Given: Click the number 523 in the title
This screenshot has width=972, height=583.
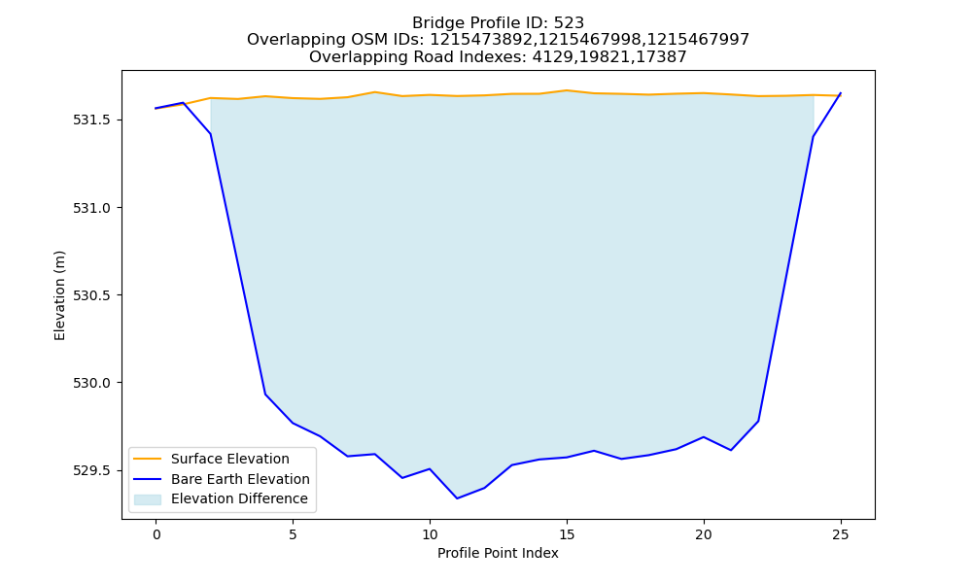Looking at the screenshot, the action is (x=569, y=23).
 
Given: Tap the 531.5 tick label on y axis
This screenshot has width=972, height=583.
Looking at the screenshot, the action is (x=91, y=120).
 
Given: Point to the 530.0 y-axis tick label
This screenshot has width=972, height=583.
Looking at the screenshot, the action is (x=91, y=383).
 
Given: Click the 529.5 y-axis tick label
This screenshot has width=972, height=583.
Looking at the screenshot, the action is (x=91, y=471).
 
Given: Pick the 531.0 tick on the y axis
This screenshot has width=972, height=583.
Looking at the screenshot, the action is (x=91, y=208).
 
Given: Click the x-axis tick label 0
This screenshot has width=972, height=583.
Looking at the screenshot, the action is (x=156, y=534).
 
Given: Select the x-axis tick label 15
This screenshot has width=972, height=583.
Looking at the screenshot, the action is (x=567, y=534).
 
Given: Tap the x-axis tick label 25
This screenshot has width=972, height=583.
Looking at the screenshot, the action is (x=840, y=534).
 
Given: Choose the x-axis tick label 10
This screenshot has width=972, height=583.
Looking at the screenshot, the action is (x=430, y=534).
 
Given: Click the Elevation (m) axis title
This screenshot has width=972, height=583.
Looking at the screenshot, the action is (x=59, y=295).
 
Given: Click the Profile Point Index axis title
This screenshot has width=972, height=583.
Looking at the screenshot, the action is (x=498, y=553).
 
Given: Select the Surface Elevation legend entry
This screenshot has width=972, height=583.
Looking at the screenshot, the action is (x=212, y=459).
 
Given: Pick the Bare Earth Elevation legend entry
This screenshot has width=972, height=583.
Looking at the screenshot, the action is (x=222, y=479).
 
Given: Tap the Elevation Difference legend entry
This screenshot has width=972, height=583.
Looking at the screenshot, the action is (x=221, y=498).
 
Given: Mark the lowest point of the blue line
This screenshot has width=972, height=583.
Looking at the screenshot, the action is (x=457, y=498).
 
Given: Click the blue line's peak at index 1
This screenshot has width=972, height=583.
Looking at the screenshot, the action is (x=184, y=103).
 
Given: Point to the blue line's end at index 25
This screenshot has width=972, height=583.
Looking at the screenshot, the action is (x=841, y=93).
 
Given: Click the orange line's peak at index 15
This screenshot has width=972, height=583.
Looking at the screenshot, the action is (x=567, y=90).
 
